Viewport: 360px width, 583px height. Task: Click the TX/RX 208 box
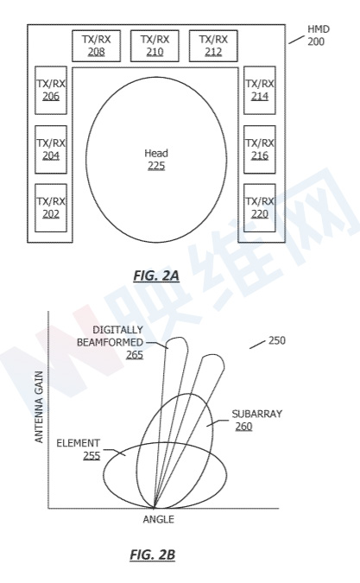96,46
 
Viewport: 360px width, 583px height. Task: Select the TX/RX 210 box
155,46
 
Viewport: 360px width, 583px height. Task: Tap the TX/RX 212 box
213,46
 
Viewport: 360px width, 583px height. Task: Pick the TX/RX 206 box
51,91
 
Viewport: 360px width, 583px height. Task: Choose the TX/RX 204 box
51,149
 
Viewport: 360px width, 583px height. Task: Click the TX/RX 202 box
51,208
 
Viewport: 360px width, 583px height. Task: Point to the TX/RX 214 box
260,91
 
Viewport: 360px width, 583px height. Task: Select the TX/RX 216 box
260,149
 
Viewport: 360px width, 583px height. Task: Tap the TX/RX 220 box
260,208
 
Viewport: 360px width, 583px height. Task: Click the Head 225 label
156,160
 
